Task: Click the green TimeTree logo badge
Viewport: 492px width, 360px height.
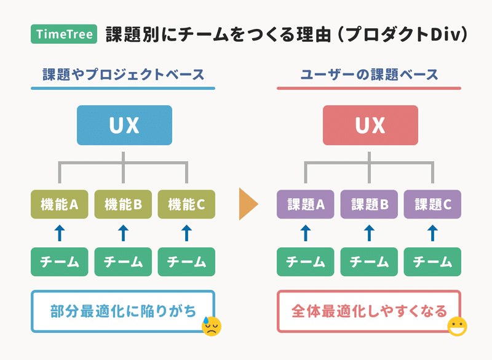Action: [x=64, y=34]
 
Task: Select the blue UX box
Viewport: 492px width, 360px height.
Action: [x=124, y=126]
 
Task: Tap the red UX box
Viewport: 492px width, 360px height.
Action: [x=370, y=126]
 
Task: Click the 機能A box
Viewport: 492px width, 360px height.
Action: [x=59, y=204]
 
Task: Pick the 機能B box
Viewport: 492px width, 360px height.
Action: [x=123, y=204]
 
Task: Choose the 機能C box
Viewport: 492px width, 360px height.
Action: [x=186, y=204]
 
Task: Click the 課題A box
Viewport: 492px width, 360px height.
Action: [x=305, y=204]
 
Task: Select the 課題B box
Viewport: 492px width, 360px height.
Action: [x=369, y=204]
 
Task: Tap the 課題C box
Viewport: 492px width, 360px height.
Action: [x=432, y=204]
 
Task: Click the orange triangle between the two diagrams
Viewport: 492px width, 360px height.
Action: [x=247, y=204]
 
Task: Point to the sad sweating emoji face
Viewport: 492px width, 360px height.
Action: [x=212, y=326]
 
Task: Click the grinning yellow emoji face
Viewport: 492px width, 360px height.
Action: [x=457, y=326]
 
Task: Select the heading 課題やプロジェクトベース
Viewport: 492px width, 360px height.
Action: [x=124, y=74]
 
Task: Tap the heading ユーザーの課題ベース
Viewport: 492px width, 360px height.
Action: [x=370, y=74]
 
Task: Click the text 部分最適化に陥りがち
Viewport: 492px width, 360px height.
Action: [x=123, y=311]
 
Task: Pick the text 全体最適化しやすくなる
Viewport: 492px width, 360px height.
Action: [x=369, y=311]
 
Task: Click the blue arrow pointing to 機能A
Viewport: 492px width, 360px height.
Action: [x=60, y=233]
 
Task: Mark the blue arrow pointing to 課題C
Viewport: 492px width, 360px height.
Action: [x=433, y=233]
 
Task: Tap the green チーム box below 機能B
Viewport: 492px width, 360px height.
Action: [x=123, y=262]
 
